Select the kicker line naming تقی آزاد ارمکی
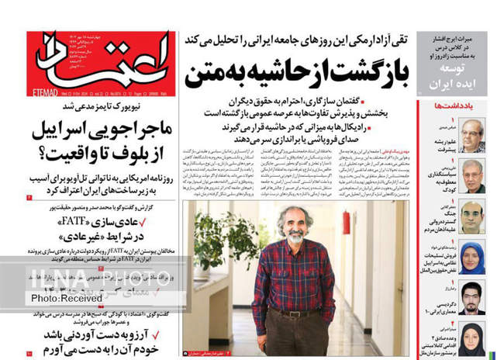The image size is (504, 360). click(296, 39)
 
